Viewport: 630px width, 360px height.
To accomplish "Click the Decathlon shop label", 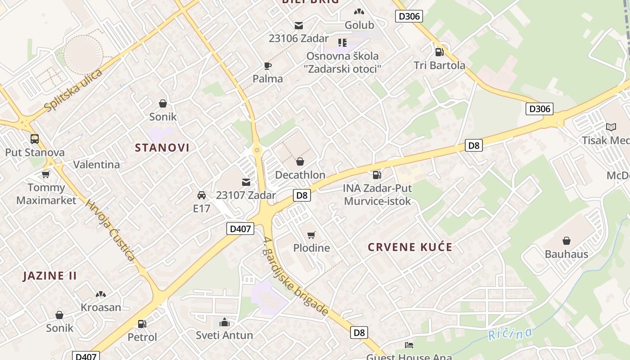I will (300, 175).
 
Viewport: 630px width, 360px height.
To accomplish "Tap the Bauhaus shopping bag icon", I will (566, 241).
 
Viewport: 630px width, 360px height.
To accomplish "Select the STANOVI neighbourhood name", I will (162, 148).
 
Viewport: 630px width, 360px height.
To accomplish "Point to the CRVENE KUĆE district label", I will (410, 247).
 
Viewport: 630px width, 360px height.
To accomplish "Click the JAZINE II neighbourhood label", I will (50, 276).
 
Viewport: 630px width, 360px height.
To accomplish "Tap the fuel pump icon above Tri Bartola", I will (439, 52).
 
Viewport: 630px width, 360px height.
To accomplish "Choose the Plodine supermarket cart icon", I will (311, 235).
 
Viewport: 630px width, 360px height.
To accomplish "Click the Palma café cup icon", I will (268, 66).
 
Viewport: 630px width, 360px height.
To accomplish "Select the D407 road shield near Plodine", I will (240, 229).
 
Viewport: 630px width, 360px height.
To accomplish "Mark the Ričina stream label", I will (510, 334).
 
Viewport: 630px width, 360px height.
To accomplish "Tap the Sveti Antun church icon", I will (224, 322).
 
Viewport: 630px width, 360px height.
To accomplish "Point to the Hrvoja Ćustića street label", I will (110, 230).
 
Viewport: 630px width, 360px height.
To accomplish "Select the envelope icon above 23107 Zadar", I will (246, 182).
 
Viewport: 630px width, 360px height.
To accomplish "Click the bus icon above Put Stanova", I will (35, 139).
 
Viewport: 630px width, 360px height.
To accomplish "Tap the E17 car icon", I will (202, 195).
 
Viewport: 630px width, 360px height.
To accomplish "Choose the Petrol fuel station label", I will (142, 337).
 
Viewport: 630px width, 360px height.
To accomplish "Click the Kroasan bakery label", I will (101, 307).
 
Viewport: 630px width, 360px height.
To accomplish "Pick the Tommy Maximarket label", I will (46, 194).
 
